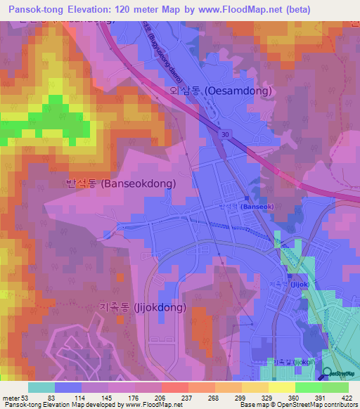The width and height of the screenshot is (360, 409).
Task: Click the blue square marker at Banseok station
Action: click(x=236, y=207)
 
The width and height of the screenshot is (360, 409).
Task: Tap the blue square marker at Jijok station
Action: click(x=286, y=284)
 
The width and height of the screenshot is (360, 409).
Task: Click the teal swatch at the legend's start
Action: click(x=41, y=387)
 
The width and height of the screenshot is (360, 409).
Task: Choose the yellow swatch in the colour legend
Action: click(x=281, y=387)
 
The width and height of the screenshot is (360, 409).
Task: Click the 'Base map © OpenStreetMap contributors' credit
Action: click(x=298, y=405)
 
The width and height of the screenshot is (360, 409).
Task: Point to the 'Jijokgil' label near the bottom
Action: click(x=295, y=363)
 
